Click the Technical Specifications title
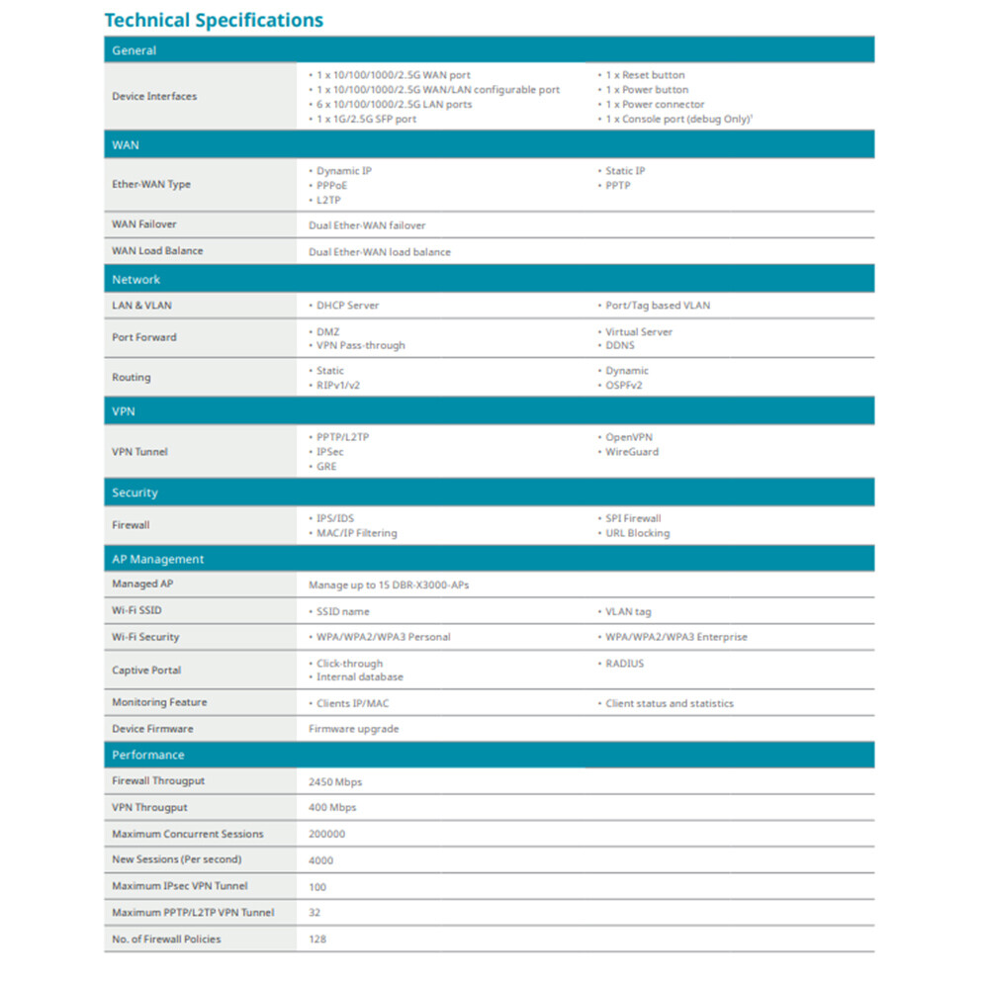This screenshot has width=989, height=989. click(214, 20)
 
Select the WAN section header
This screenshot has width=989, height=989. click(126, 144)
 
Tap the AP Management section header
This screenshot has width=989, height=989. click(157, 559)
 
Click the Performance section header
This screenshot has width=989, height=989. click(147, 755)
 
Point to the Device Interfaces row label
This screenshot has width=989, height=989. click(154, 96)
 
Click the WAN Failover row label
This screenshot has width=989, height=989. click(144, 225)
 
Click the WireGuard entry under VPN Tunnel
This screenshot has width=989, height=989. click(631, 452)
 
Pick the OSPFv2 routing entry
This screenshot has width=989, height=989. click(623, 385)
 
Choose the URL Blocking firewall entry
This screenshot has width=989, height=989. click(637, 533)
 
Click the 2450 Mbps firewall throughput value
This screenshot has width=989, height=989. click(335, 782)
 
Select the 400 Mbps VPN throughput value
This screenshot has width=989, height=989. click(332, 808)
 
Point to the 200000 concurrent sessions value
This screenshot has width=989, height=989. click(328, 834)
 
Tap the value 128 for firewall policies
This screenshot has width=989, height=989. click(317, 939)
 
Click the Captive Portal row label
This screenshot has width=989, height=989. click(146, 671)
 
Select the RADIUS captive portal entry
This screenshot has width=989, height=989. click(624, 664)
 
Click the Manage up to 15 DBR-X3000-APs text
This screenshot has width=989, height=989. click(389, 585)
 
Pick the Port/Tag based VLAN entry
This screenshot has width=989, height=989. click(657, 306)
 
